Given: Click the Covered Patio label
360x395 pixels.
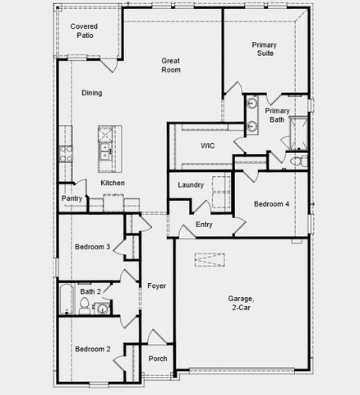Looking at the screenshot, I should [x=85, y=31].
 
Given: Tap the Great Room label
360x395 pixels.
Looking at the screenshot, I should [x=171, y=65].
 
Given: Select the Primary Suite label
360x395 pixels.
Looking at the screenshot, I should [x=263, y=49].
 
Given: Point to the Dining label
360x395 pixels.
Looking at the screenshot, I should [x=91, y=93].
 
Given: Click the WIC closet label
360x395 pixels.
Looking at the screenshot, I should [x=208, y=146].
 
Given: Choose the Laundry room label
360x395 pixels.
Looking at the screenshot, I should [x=190, y=185].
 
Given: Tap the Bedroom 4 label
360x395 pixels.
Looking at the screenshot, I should [x=270, y=204].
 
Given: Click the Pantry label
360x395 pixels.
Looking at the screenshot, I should [x=72, y=198].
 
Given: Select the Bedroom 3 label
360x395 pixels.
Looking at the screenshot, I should [x=92, y=247].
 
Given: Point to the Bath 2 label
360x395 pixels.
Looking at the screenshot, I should [x=90, y=290].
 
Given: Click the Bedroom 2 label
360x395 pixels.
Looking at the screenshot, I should [x=92, y=349].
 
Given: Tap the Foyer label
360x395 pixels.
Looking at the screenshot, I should [x=156, y=286].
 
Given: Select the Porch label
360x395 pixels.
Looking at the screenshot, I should [x=158, y=359].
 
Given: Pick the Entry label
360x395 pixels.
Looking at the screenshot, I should [x=204, y=225].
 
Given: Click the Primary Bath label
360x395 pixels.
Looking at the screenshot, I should [x=277, y=116].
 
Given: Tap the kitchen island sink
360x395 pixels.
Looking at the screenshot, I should [x=106, y=151].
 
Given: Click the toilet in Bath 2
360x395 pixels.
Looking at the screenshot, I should [x=84, y=306].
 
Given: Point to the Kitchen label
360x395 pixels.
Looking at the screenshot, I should [x=113, y=183].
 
